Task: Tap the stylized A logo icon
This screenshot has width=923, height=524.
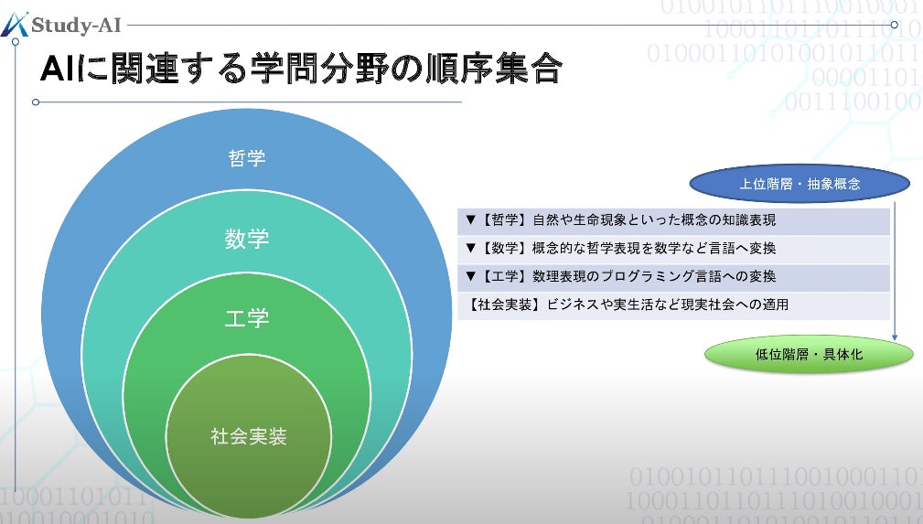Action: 15,24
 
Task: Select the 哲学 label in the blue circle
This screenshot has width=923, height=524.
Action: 247,158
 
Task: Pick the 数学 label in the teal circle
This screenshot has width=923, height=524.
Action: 247,239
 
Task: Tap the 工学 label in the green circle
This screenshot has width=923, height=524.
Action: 247,318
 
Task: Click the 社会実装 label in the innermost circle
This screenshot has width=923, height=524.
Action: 248,436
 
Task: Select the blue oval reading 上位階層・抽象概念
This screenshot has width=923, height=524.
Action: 800,184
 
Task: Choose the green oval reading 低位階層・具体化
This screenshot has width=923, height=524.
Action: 809,355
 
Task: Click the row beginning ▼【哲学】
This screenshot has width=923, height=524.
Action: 673,221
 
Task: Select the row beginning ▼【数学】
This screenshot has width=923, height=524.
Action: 673,249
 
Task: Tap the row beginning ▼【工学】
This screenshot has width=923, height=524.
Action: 673,277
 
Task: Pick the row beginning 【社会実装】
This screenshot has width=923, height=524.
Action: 673,305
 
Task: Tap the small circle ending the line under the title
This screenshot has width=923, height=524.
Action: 36,102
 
